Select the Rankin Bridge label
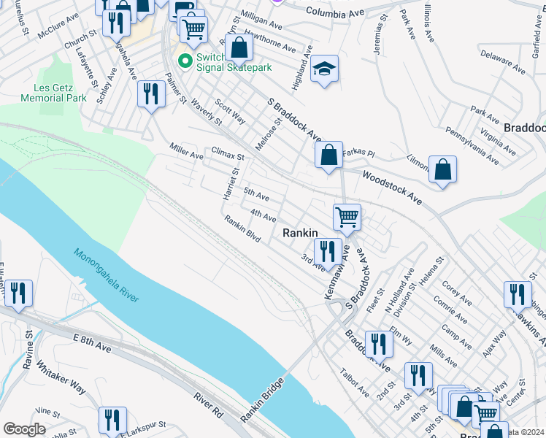(261, 403)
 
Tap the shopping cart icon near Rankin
(347, 216)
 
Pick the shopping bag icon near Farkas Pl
(328, 154)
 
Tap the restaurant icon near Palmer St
(151, 93)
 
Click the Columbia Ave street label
(335, 12)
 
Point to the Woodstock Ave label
(392, 188)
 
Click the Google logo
(24, 429)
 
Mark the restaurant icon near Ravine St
(18, 293)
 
